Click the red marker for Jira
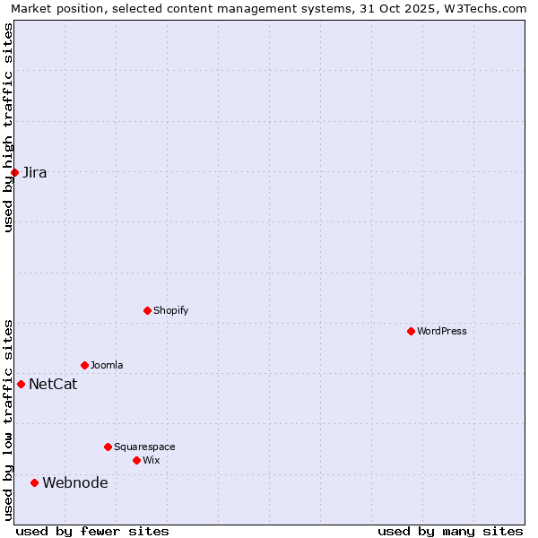coord(15,172)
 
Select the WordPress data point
coord(411,331)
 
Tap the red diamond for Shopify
coord(147,310)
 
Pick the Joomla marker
coord(84,365)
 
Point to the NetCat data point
coord(21,384)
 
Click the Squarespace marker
coord(108,447)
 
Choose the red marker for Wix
coord(136,460)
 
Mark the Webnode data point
coord(35,482)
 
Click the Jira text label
coord(35,173)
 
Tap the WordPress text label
coord(442,331)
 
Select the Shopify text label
coord(171,310)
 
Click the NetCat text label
coord(53,385)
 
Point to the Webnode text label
coord(75,483)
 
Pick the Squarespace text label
coord(144,447)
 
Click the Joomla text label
coord(107,365)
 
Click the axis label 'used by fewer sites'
coord(92,531)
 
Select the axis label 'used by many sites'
coord(450,531)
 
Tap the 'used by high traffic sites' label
coord(8,127)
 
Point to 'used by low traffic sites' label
coord(8,420)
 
